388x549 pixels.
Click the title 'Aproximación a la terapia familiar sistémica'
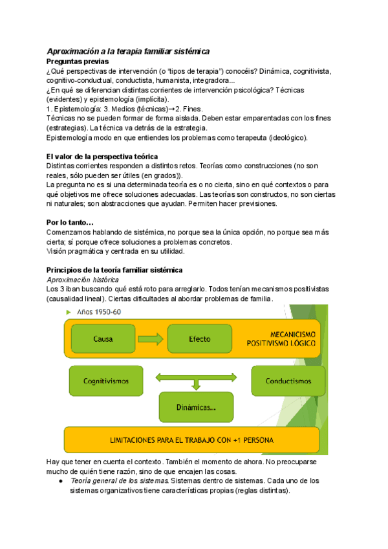(128, 51)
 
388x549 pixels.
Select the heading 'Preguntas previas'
(78, 61)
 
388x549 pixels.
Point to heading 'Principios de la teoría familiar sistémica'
(115, 269)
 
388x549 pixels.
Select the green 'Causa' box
(103, 339)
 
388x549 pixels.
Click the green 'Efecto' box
(199, 339)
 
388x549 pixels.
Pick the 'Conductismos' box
(288, 381)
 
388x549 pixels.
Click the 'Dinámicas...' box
(195, 408)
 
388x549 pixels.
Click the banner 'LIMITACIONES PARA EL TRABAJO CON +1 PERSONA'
(191, 440)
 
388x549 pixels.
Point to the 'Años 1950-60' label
(100, 312)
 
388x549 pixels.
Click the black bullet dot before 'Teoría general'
(60, 482)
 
